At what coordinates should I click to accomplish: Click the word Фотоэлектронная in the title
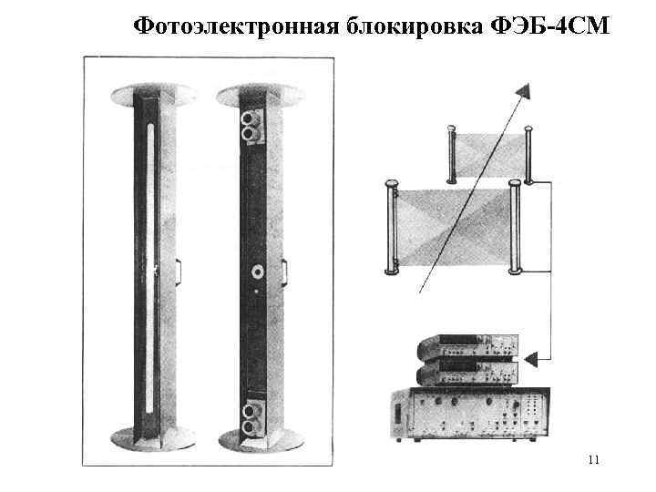pyautogui.click(x=235, y=25)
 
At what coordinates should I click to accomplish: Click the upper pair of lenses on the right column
pyautogui.click(x=248, y=125)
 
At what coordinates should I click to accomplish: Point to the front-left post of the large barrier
pyautogui.click(x=393, y=228)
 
